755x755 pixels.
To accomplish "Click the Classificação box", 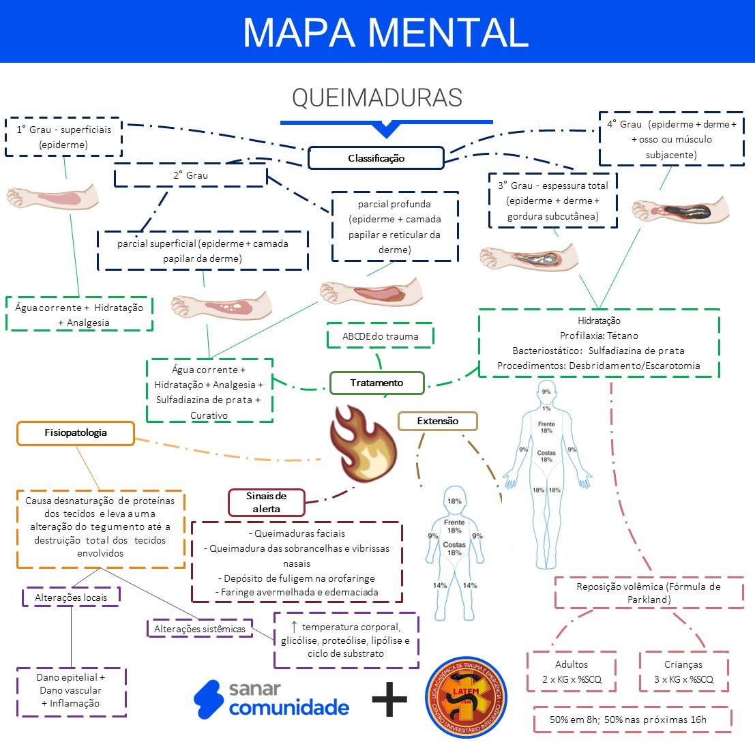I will (376, 158).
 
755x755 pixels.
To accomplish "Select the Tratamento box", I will (376, 383).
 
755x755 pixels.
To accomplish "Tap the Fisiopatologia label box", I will (76, 433).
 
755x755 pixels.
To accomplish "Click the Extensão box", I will (438, 421).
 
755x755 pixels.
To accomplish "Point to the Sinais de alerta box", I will (266, 502).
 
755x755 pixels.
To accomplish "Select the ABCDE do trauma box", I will (381, 336).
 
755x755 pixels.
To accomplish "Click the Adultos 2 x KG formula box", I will (572, 672).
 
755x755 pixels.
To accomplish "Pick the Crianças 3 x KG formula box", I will (683, 672).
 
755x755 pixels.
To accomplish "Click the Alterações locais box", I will (72, 597).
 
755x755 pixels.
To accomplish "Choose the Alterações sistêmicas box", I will (200, 629).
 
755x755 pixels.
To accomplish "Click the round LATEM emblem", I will (467, 697).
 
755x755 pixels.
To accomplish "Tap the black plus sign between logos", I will (389, 700).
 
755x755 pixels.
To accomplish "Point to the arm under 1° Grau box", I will (53, 197).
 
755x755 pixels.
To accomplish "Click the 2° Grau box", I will (190, 175).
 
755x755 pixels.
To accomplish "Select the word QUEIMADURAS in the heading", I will (377, 98).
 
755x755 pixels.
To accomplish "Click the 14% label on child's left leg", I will (439, 585).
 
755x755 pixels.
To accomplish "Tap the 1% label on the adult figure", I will (546, 408).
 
